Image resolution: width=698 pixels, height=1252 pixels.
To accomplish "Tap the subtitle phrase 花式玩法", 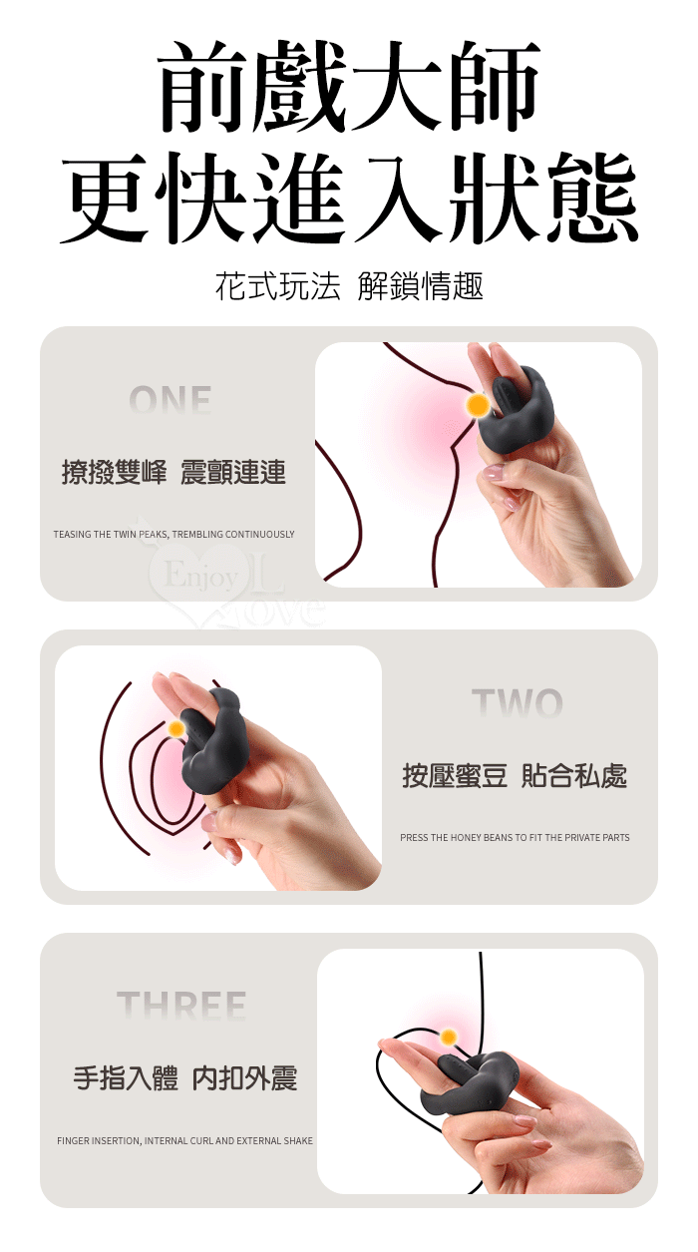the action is point(278,286).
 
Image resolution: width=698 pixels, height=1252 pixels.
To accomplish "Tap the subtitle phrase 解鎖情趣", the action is point(420,286).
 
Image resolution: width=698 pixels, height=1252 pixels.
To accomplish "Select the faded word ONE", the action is point(170,400).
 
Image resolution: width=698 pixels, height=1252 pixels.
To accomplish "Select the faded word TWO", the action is point(517,702).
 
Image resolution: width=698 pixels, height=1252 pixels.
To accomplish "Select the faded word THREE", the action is point(181,1006).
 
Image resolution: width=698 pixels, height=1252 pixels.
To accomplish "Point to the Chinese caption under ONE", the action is point(174,473).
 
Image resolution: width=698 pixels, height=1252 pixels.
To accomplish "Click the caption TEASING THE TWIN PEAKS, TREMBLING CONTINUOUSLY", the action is point(174,535).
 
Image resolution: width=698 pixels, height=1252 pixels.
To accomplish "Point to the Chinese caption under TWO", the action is point(515,776).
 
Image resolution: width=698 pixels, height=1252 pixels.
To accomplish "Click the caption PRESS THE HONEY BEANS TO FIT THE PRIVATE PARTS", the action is point(515,837).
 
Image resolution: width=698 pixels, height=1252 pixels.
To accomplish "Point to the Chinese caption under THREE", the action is point(185,1078).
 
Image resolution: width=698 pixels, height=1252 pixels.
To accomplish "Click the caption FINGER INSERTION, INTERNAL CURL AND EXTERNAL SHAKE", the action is point(185,1141).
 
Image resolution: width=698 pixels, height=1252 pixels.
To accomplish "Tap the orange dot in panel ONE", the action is point(478,404).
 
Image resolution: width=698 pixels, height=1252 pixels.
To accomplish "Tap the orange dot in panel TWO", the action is point(176,728).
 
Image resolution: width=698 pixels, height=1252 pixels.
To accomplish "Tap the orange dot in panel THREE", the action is point(448,1038).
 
